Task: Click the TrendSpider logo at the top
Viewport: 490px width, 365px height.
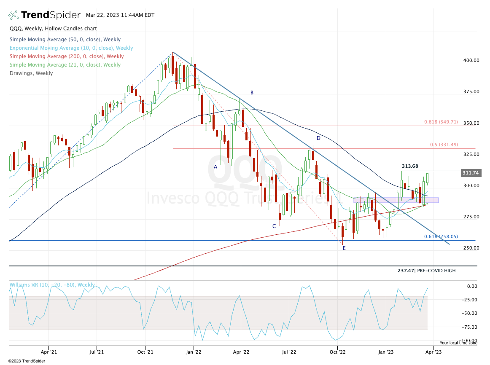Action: pyautogui.click(x=44, y=15)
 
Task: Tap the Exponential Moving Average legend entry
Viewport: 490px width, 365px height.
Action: pyautogui.click(x=71, y=48)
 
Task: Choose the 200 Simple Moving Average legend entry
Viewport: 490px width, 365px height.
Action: pyautogui.click(x=66, y=56)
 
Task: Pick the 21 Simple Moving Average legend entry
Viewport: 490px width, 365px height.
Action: pyautogui.click(x=65, y=65)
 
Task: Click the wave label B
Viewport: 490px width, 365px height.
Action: pyautogui.click(x=252, y=93)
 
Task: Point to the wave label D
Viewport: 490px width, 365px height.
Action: pyautogui.click(x=318, y=138)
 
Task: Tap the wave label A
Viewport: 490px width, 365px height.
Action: pyautogui.click(x=215, y=167)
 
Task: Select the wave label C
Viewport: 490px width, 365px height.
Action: pyautogui.click(x=274, y=226)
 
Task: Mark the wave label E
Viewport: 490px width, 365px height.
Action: pyautogui.click(x=344, y=248)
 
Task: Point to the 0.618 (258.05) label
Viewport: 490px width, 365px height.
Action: pyautogui.click(x=441, y=237)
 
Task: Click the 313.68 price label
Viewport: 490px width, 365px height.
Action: pyautogui.click(x=410, y=166)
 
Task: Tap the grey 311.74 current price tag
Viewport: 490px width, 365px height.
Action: pyautogui.click(x=471, y=173)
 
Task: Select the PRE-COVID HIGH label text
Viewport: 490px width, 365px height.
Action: pyautogui.click(x=436, y=271)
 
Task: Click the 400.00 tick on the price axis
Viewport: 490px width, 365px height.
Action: pyautogui.click(x=471, y=60)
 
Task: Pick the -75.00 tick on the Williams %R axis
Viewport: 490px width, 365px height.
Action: pyautogui.click(x=469, y=327)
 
